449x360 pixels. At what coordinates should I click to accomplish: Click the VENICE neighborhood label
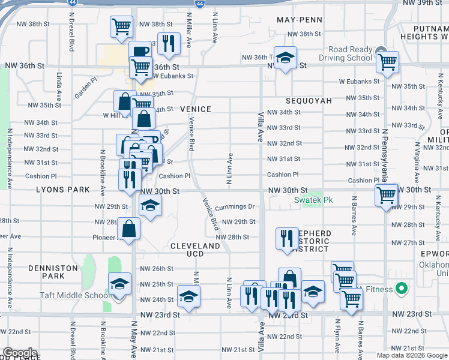coord(196,109)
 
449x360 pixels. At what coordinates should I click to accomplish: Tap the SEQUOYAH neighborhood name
coord(309,101)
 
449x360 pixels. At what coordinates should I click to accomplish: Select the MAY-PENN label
coord(300,20)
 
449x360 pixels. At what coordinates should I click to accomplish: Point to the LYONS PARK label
coord(63,190)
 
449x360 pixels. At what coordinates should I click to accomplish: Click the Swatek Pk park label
coord(309,200)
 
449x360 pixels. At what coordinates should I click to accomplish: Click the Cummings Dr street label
coord(235,206)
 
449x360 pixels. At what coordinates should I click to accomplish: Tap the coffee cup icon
coord(140,52)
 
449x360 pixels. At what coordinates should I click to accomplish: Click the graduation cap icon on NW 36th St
coord(286,58)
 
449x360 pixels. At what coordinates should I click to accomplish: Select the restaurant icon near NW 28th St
coord(287,237)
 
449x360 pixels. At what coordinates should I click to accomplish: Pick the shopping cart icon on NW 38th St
coord(121,26)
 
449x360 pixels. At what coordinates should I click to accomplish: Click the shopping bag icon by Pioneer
coord(129,228)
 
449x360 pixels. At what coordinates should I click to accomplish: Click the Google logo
coord(20,353)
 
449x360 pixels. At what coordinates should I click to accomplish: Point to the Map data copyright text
coord(412,355)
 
